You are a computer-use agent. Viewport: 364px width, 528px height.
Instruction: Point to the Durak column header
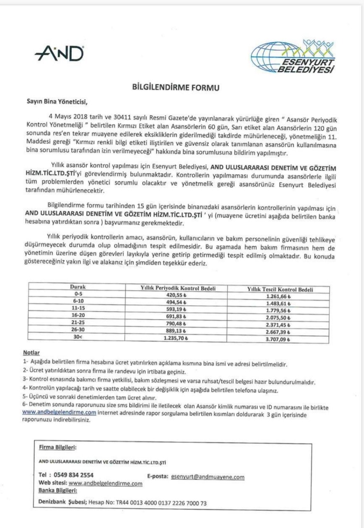[78, 287]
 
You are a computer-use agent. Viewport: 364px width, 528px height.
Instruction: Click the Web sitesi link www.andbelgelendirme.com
[105, 484]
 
